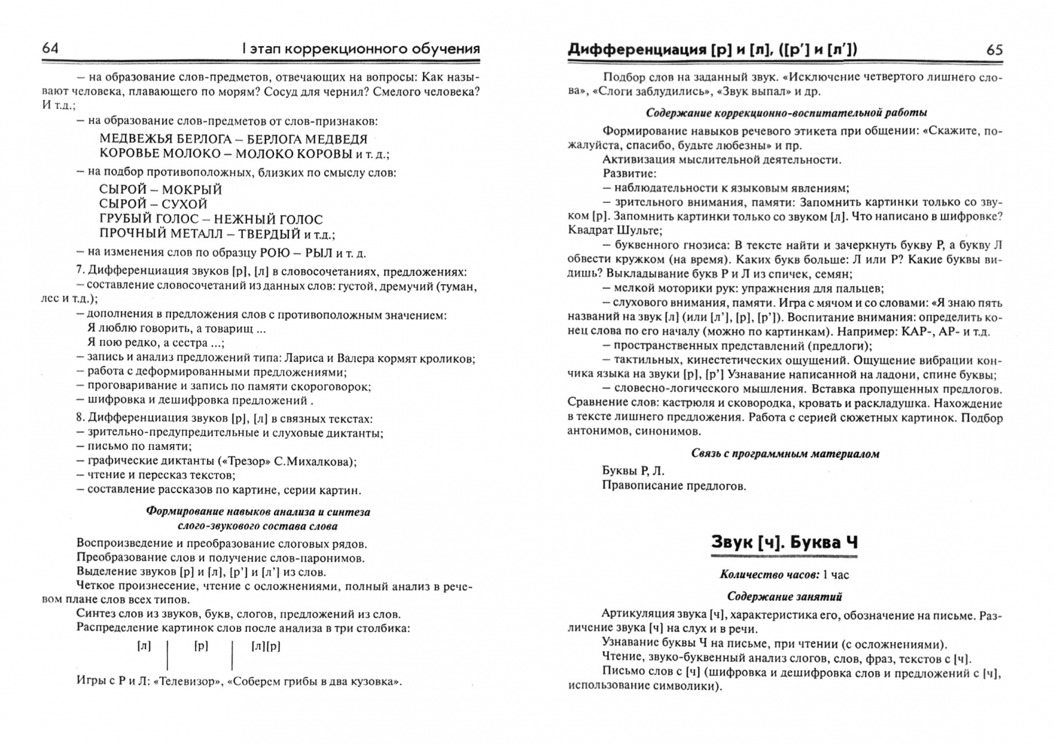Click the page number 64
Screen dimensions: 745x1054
(x=50, y=48)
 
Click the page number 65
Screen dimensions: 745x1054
(x=995, y=50)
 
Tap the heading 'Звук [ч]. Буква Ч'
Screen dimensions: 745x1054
(x=784, y=542)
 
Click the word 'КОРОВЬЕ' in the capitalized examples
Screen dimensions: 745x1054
(x=130, y=153)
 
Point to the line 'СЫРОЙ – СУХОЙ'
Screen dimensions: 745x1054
(x=153, y=204)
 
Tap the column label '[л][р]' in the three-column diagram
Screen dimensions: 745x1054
(x=266, y=646)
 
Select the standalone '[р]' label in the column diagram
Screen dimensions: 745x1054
(x=201, y=646)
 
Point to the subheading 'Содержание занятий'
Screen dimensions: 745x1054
(x=784, y=597)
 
